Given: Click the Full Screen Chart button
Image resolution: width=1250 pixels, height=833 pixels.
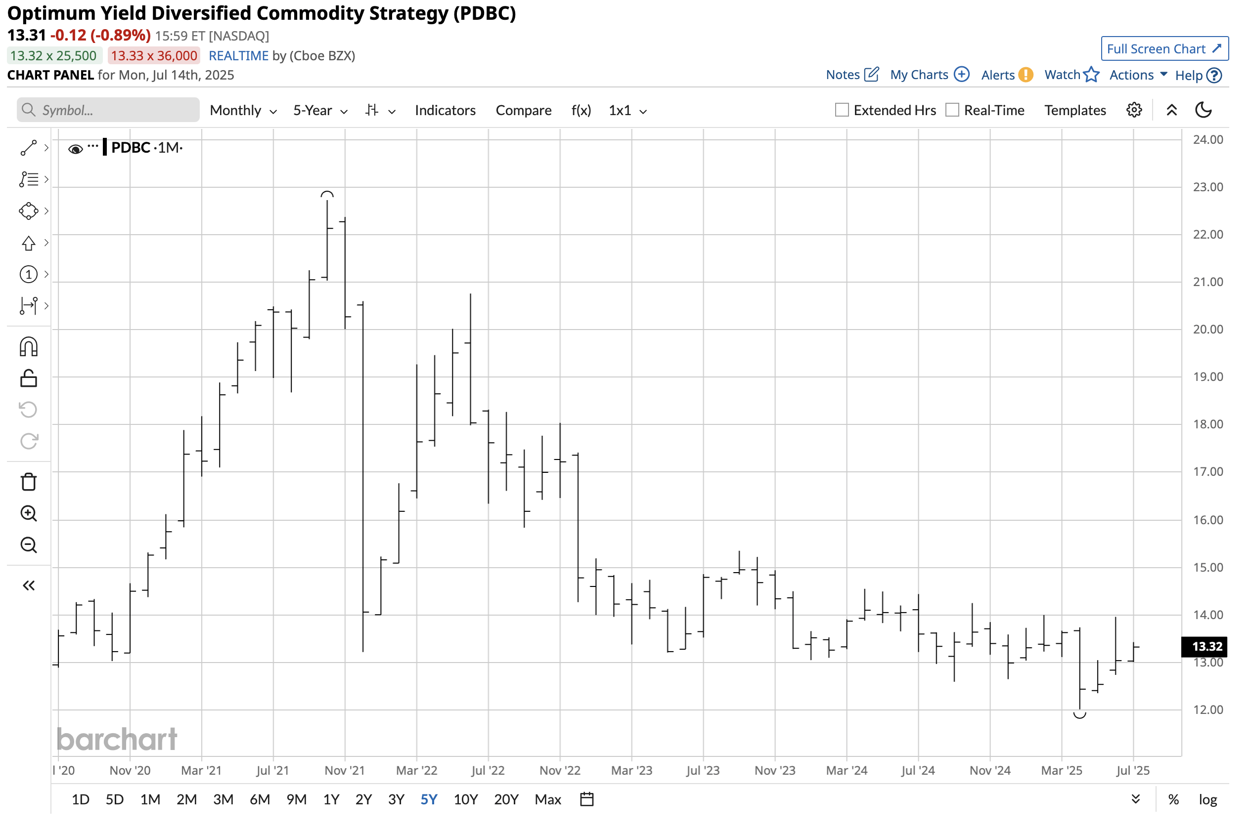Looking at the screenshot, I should (1164, 49).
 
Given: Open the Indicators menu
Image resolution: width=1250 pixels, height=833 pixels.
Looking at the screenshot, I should (445, 111).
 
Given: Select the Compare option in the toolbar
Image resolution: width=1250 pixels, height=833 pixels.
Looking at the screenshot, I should (523, 111).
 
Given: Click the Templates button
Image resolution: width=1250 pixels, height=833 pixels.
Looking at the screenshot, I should (1074, 111).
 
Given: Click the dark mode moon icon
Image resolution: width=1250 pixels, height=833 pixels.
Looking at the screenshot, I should (1203, 110).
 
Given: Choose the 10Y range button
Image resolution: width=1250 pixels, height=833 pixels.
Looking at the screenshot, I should (465, 799).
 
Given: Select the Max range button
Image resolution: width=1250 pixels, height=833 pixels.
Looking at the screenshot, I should (548, 799).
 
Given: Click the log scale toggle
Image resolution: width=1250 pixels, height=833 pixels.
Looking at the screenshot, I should (1207, 799).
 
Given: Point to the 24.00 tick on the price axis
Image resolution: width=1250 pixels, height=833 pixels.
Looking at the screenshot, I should (1207, 140).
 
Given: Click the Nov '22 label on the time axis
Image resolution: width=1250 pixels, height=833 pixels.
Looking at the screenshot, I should (560, 770).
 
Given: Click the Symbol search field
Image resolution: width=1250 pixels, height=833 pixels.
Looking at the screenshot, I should (108, 110).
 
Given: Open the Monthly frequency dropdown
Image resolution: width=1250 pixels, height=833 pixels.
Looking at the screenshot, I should (243, 111).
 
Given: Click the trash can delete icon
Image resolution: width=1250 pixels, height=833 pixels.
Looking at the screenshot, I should (29, 482).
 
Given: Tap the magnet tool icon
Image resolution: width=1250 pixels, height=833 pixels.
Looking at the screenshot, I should (29, 347).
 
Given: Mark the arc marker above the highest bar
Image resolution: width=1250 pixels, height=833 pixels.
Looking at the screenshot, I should (327, 195).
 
